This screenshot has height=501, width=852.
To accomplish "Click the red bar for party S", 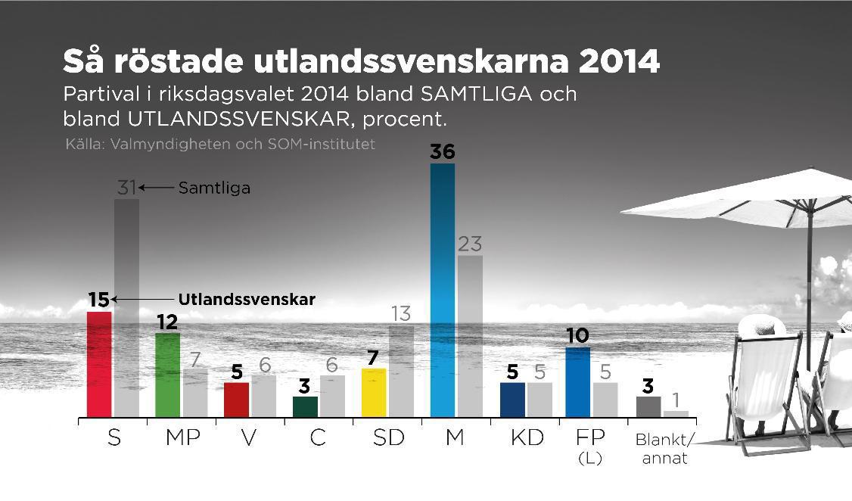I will point(99,364).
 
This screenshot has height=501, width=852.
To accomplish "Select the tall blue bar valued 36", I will point(443,290).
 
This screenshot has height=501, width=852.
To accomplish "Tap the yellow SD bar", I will point(374,393).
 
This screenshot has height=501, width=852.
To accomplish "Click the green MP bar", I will point(167,375).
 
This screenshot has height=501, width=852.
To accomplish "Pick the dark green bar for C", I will point(305,406).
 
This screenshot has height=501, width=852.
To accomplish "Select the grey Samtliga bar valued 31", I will point(126,307).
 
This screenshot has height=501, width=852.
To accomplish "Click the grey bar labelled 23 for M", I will point(470,336).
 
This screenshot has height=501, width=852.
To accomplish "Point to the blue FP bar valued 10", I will point(578,382).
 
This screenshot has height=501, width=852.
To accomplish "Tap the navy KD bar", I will point(512,400).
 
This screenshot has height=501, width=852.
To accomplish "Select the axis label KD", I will point(526,438).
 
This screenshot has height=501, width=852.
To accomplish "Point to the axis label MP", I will point(182,438).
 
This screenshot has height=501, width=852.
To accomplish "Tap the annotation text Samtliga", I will point(214,188).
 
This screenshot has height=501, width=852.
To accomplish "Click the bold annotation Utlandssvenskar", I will point(247,299).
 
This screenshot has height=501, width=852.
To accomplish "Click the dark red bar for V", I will point(236,400).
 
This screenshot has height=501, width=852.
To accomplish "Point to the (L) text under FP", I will point(589,458).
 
